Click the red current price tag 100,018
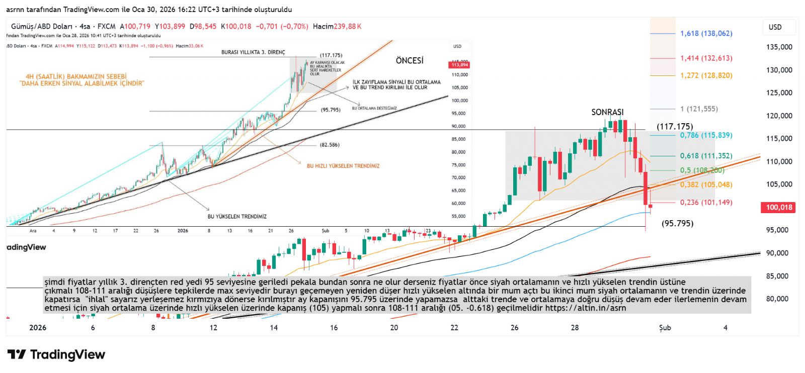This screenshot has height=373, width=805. [779, 207]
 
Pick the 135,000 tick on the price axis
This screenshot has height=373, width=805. [779, 47]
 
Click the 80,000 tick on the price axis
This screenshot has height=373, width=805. [777, 299]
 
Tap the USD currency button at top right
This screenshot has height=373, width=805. [775, 27]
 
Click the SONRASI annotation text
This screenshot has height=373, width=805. [607, 112]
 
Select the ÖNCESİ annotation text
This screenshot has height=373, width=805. [410, 60]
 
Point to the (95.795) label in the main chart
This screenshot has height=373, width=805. [677, 223]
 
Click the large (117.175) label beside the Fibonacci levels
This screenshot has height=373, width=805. [675, 126]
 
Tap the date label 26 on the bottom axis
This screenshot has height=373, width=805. [514, 328]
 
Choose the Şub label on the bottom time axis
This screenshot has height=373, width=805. [665, 328]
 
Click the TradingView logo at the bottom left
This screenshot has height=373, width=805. [56, 354]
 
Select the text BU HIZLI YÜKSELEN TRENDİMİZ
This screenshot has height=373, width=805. [343, 166]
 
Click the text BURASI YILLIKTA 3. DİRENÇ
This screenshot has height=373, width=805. [253, 52]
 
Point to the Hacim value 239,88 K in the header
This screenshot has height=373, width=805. [337, 26]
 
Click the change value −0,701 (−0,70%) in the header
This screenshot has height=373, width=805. [282, 26]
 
